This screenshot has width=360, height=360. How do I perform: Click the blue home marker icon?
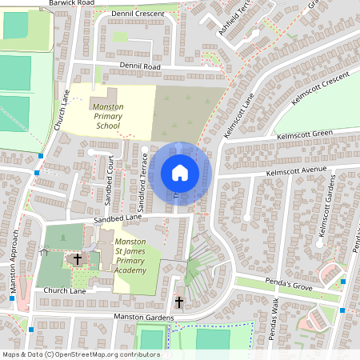[180, 173]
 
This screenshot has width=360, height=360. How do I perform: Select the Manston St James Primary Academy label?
[130, 256]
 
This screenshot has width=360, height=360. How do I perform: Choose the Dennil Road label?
[141, 67]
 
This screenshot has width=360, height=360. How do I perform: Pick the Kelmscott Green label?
[305, 134]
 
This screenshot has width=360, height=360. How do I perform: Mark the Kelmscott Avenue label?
[298, 171]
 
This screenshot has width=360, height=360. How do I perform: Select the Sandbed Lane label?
[118, 218]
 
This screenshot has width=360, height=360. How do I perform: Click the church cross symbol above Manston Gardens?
[178, 302]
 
